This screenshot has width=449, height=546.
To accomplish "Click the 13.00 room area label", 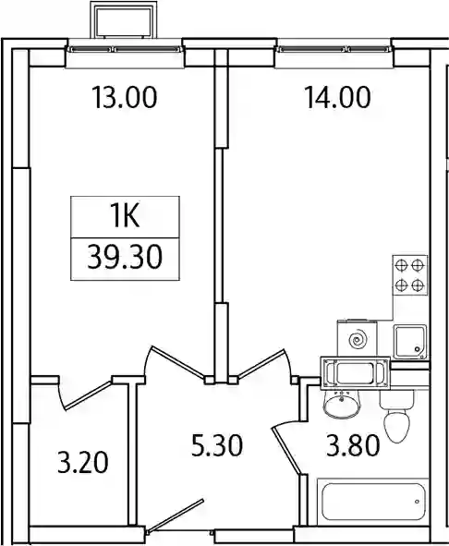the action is click(x=125, y=98).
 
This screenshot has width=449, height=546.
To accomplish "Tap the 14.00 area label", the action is click(x=337, y=98).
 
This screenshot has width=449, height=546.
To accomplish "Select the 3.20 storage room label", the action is click(x=83, y=462).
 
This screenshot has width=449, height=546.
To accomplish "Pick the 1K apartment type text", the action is click(x=125, y=216).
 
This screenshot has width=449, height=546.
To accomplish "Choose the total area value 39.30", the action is click(x=125, y=258).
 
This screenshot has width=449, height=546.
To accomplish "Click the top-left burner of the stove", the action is click(x=402, y=266).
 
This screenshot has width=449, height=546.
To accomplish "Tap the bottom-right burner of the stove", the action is click(x=417, y=285).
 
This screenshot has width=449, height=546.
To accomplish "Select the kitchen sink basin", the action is click(x=410, y=342).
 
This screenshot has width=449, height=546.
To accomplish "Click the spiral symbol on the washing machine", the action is click(x=357, y=339).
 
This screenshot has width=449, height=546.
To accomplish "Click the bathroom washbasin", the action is click(x=341, y=403).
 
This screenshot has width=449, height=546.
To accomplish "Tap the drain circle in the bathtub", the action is click(x=417, y=502).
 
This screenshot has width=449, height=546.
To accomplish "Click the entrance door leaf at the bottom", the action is click(x=176, y=516).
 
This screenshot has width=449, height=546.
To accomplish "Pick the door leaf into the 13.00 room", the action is click(x=177, y=362).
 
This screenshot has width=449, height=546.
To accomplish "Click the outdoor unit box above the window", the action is click(x=123, y=19).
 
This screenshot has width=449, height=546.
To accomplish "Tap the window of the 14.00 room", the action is click(x=334, y=49).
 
